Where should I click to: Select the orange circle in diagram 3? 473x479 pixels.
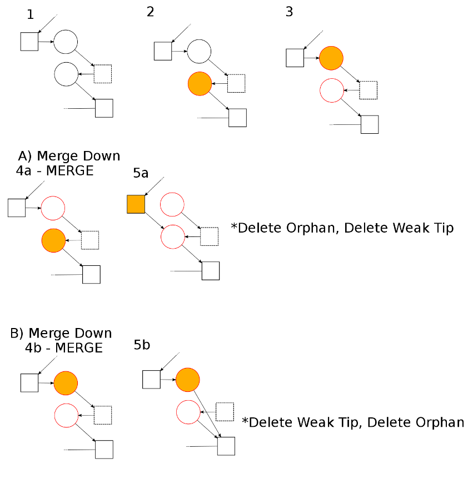(331, 58)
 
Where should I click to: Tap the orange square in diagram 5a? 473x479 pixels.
(136, 204)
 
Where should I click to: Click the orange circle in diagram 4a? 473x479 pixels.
(53, 240)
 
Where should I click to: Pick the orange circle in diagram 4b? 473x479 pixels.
(66, 383)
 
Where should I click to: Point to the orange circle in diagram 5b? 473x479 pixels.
(187, 380)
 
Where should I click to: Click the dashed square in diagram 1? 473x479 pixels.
(103, 74)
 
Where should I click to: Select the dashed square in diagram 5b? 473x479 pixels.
(225, 411)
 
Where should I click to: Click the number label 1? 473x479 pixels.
(31, 14)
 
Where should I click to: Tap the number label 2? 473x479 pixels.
(150, 12)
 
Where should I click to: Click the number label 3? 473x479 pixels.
(289, 12)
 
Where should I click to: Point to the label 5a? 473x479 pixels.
(141, 173)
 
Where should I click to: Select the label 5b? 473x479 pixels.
(142, 345)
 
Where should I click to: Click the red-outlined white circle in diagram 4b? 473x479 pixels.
(66, 415)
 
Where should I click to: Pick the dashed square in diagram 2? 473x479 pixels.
(236, 83)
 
